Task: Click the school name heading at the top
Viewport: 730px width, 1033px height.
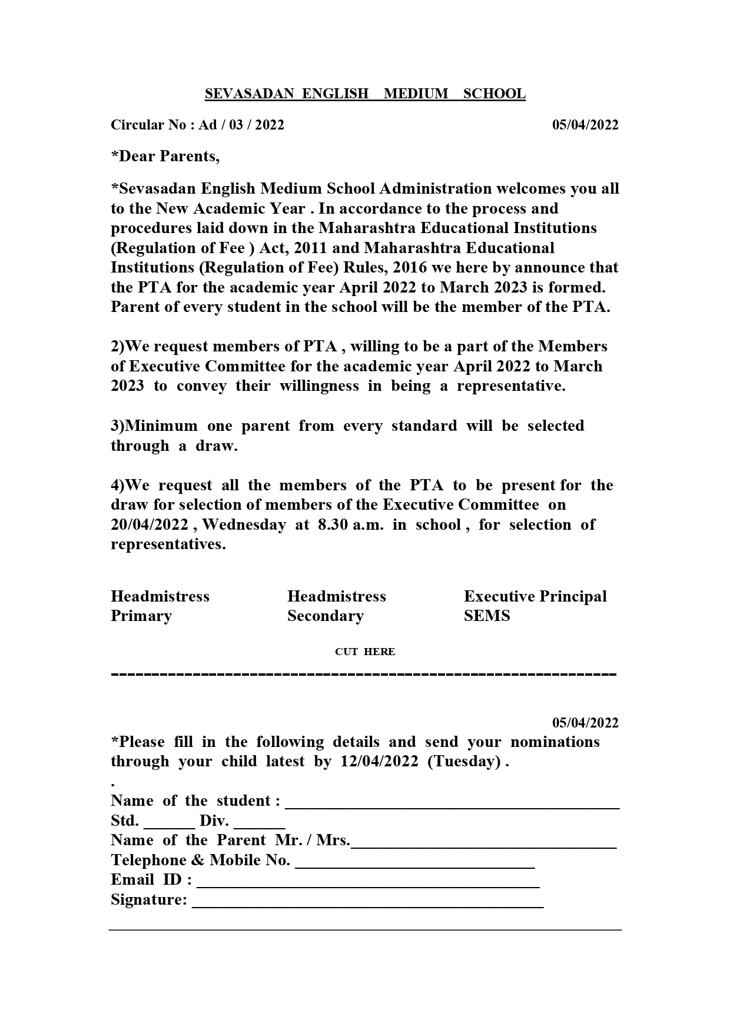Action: [x=365, y=94]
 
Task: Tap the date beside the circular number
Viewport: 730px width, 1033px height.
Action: [x=585, y=125]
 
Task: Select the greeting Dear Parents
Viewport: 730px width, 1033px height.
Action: [x=165, y=157]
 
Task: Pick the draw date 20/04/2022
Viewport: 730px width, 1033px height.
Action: [x=150, y=525]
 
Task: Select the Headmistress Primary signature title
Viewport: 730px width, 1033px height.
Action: [x=160, y=606]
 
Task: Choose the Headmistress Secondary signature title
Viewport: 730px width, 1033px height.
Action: [x=336, y=606]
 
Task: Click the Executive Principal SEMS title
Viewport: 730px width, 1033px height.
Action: [x=535, y=606]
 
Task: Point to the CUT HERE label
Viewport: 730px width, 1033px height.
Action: [x=365, y=652]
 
